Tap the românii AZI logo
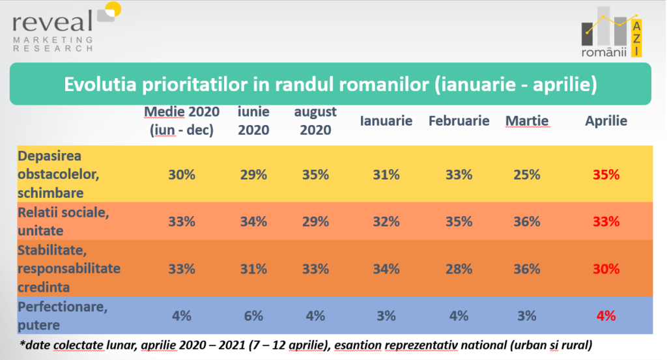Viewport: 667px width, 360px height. (x=612, y=32)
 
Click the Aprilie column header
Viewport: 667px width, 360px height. (x=606, y=120)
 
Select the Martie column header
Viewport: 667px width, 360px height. (x=526, y=120)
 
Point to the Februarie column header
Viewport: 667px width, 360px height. (x=459, y=120)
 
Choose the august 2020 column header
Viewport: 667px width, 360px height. (x=315, y=120)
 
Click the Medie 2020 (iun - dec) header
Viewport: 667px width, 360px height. (x=182, y=120)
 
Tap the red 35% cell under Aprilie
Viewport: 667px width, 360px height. (x=606, y=174)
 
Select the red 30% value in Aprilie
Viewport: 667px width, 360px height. (x=606, y=269)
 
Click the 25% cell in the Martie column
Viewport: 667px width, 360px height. (x=526, y=174)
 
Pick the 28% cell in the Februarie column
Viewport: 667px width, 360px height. (x=459, y=269)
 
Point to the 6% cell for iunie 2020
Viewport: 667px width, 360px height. (x=253, y=316)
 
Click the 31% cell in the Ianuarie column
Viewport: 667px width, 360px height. (x=386, y=174)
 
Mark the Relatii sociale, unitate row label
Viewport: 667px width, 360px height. (x=63, y=221)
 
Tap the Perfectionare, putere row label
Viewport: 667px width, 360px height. (x=63, y=315)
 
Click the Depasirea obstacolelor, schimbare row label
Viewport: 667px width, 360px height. (x=58, y=174)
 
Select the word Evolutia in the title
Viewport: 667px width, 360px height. (x=100, y=84)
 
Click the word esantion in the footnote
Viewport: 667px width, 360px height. (x=358, y=344)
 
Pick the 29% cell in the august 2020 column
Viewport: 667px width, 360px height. (x=315, y=221)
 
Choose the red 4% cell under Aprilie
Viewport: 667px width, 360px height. (x=606, y=316)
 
